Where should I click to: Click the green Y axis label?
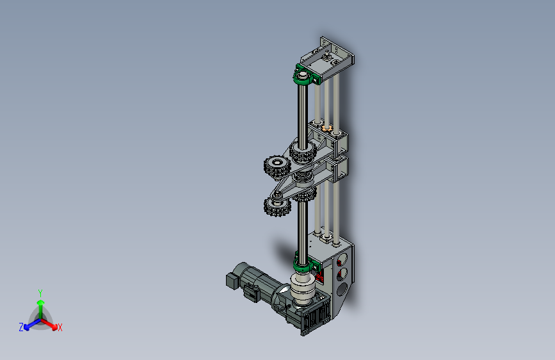point(40,293)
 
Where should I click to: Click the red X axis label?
point(60,327)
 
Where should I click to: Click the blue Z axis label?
point(21,327)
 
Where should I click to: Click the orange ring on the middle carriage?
point(326,127)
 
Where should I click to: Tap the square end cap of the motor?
point(232,280)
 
